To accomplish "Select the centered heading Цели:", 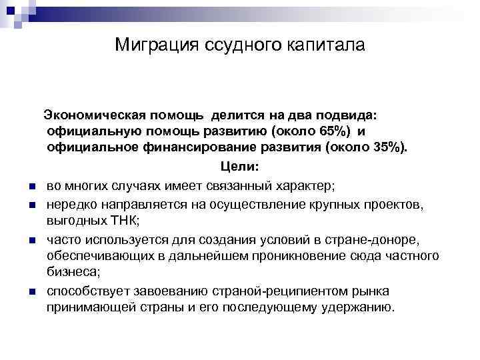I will (x=236, y=167).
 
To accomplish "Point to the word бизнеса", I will (x=73, y=272).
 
